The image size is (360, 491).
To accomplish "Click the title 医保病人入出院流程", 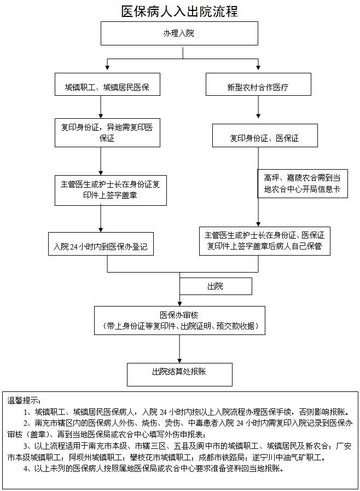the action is tap(179, 11).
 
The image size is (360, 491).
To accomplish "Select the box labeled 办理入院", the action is tap(179, 33).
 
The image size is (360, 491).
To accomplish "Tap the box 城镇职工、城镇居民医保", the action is tap(107, 84).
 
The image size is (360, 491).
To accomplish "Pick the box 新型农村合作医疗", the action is tap(258, 84).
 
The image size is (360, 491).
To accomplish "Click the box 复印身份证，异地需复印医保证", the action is tap(107, 133).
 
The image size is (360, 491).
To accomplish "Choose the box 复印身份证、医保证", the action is tap(265, 136).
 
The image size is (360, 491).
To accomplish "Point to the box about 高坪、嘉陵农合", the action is tap(303, 184).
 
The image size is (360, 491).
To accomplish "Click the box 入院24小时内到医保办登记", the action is tap(101, 244).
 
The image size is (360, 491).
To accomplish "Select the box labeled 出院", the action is tap(216, 286).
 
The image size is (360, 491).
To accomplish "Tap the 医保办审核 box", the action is tap(179, 321).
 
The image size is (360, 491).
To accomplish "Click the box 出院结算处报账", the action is tap(179, 374).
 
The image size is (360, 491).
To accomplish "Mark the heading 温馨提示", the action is tap(24, 401).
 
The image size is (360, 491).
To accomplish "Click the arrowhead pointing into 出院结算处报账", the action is tap(179, 360).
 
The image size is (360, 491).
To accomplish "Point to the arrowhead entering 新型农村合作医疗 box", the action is tap(258, 67).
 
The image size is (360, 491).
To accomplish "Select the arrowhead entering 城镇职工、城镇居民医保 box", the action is tap(107, 67).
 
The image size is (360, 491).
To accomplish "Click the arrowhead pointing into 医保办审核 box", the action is tap(179, 303).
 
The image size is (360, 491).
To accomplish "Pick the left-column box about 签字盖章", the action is tap(111, 190).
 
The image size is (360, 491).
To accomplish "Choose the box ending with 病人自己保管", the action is tap(265, 241).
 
